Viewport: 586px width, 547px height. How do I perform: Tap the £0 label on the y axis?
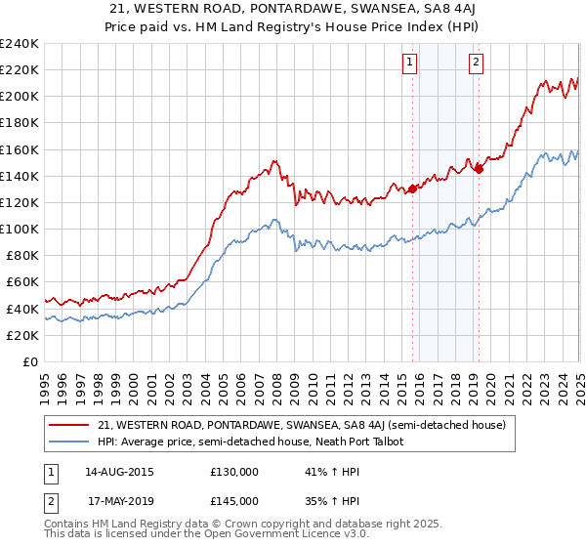tap(28, 361)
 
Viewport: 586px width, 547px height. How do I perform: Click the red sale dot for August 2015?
tap(412, 189)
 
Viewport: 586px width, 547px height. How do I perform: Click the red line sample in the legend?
tap(70, 425)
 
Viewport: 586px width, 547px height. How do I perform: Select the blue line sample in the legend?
tap(70, 442)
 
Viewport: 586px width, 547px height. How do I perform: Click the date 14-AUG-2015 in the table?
tap(120, 471)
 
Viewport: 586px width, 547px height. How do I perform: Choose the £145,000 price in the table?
tap(234, 500)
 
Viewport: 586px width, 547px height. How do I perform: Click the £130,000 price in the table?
tap(234, 471)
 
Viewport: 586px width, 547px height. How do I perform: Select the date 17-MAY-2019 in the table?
tap(120, 500)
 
